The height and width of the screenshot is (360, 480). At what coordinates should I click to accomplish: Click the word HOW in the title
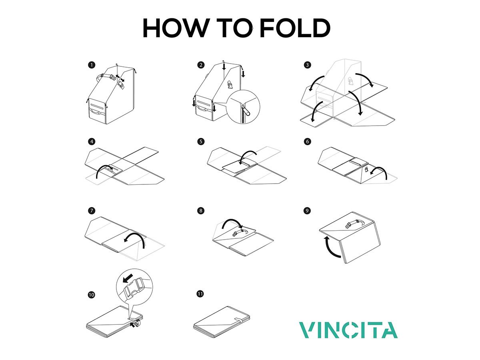pyautogui.click(x=175, y=28)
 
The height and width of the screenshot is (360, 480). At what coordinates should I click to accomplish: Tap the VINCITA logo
pyautogui.click(x=348, y=330)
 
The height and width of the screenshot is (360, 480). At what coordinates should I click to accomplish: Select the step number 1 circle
pyautogui.click(x=92, y=65)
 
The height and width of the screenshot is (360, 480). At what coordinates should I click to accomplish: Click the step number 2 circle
pyautogui.click(x=200, y=65)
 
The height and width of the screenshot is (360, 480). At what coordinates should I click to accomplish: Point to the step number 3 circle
pyautogui.click(x=307, y=65)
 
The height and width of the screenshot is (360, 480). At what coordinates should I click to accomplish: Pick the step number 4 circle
pyautogui.click(x=92, y=141)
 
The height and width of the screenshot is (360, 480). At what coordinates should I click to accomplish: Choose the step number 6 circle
pyautogui.click(x=307, y=141)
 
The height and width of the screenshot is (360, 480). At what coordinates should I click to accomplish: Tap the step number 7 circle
pyautogui.click(x=92, y=210)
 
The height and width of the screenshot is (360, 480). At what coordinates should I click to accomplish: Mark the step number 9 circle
pyautogui.click(x=307, y=210)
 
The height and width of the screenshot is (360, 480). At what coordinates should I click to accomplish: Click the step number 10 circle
pyautogui.click(x=92, y=295)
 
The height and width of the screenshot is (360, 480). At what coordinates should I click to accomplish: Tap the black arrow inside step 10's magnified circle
pyautogui.click(x=129, y=277)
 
